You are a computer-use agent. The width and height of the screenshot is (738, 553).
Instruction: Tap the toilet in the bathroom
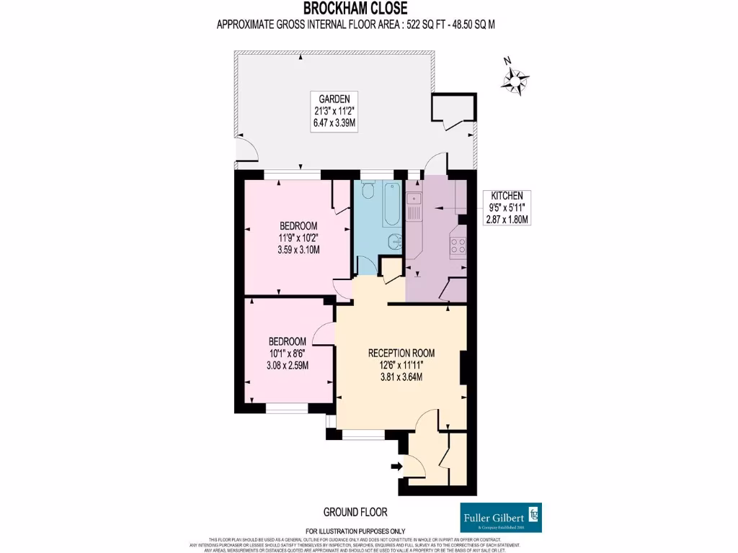[x=368, y=189]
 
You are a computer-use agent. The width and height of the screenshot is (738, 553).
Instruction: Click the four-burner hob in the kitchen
[x=458, y=246]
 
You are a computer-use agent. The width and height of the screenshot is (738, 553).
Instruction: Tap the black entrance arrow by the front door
[x=396, y=467]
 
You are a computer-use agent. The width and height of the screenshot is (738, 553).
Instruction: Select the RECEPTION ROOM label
[x=401, y=353]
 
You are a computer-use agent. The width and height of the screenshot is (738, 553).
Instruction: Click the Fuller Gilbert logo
[x=500, y=518]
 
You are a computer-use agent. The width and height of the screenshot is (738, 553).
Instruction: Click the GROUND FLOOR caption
[x=355, y=512]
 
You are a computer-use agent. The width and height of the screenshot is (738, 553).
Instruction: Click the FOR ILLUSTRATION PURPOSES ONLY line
[x=355, y=531]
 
